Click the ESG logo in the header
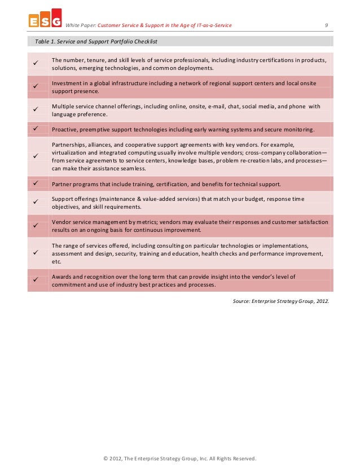(x=45, y=20)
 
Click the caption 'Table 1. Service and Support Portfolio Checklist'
(x=96, y=42)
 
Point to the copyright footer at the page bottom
(x=179, y=458)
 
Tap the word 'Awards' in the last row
(x=62, y=276)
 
